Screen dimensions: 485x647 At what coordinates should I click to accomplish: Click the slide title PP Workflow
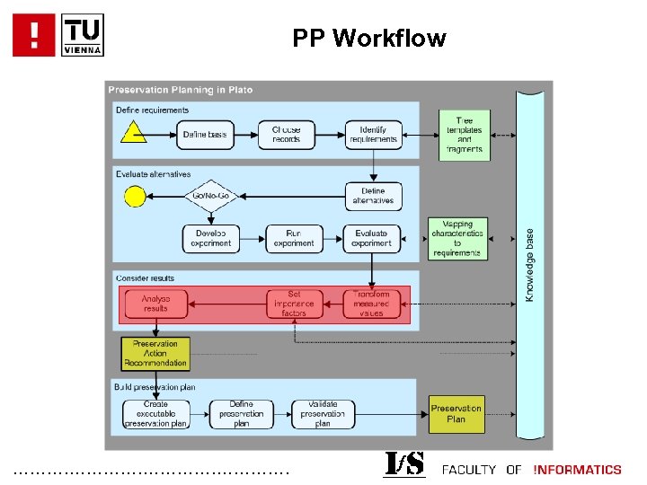coord(368,39)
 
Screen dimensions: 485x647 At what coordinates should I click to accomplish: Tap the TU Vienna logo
coord(84,35)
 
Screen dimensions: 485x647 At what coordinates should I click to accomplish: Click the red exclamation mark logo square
coord(35,35)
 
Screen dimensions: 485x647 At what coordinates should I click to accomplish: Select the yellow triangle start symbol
coord(134,134)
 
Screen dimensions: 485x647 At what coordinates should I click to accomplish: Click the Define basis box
coord(205,135)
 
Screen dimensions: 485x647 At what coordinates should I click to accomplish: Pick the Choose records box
coord(287,135)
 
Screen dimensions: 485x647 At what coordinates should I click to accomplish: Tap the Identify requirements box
coord(372,135)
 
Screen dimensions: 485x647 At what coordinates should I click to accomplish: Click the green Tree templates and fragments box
coord(465,135)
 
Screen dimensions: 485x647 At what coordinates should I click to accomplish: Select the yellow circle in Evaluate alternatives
coord(135,195)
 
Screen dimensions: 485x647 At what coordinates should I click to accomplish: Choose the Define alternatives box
coord(372,196)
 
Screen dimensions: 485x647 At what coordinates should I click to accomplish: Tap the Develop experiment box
coord(212,238)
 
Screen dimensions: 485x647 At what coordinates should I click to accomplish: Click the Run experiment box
coord(294,238)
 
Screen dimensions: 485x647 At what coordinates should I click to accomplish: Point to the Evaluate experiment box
coord(372,238)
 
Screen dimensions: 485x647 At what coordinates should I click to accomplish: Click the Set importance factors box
coord(294,304)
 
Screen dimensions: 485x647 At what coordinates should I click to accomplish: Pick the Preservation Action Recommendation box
coord(155,353)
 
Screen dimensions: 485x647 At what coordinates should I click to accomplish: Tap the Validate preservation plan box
coord(323,414)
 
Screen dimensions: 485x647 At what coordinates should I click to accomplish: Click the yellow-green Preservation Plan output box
coord(456,413)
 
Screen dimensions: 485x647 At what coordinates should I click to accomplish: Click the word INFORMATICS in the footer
coord(577,470)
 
